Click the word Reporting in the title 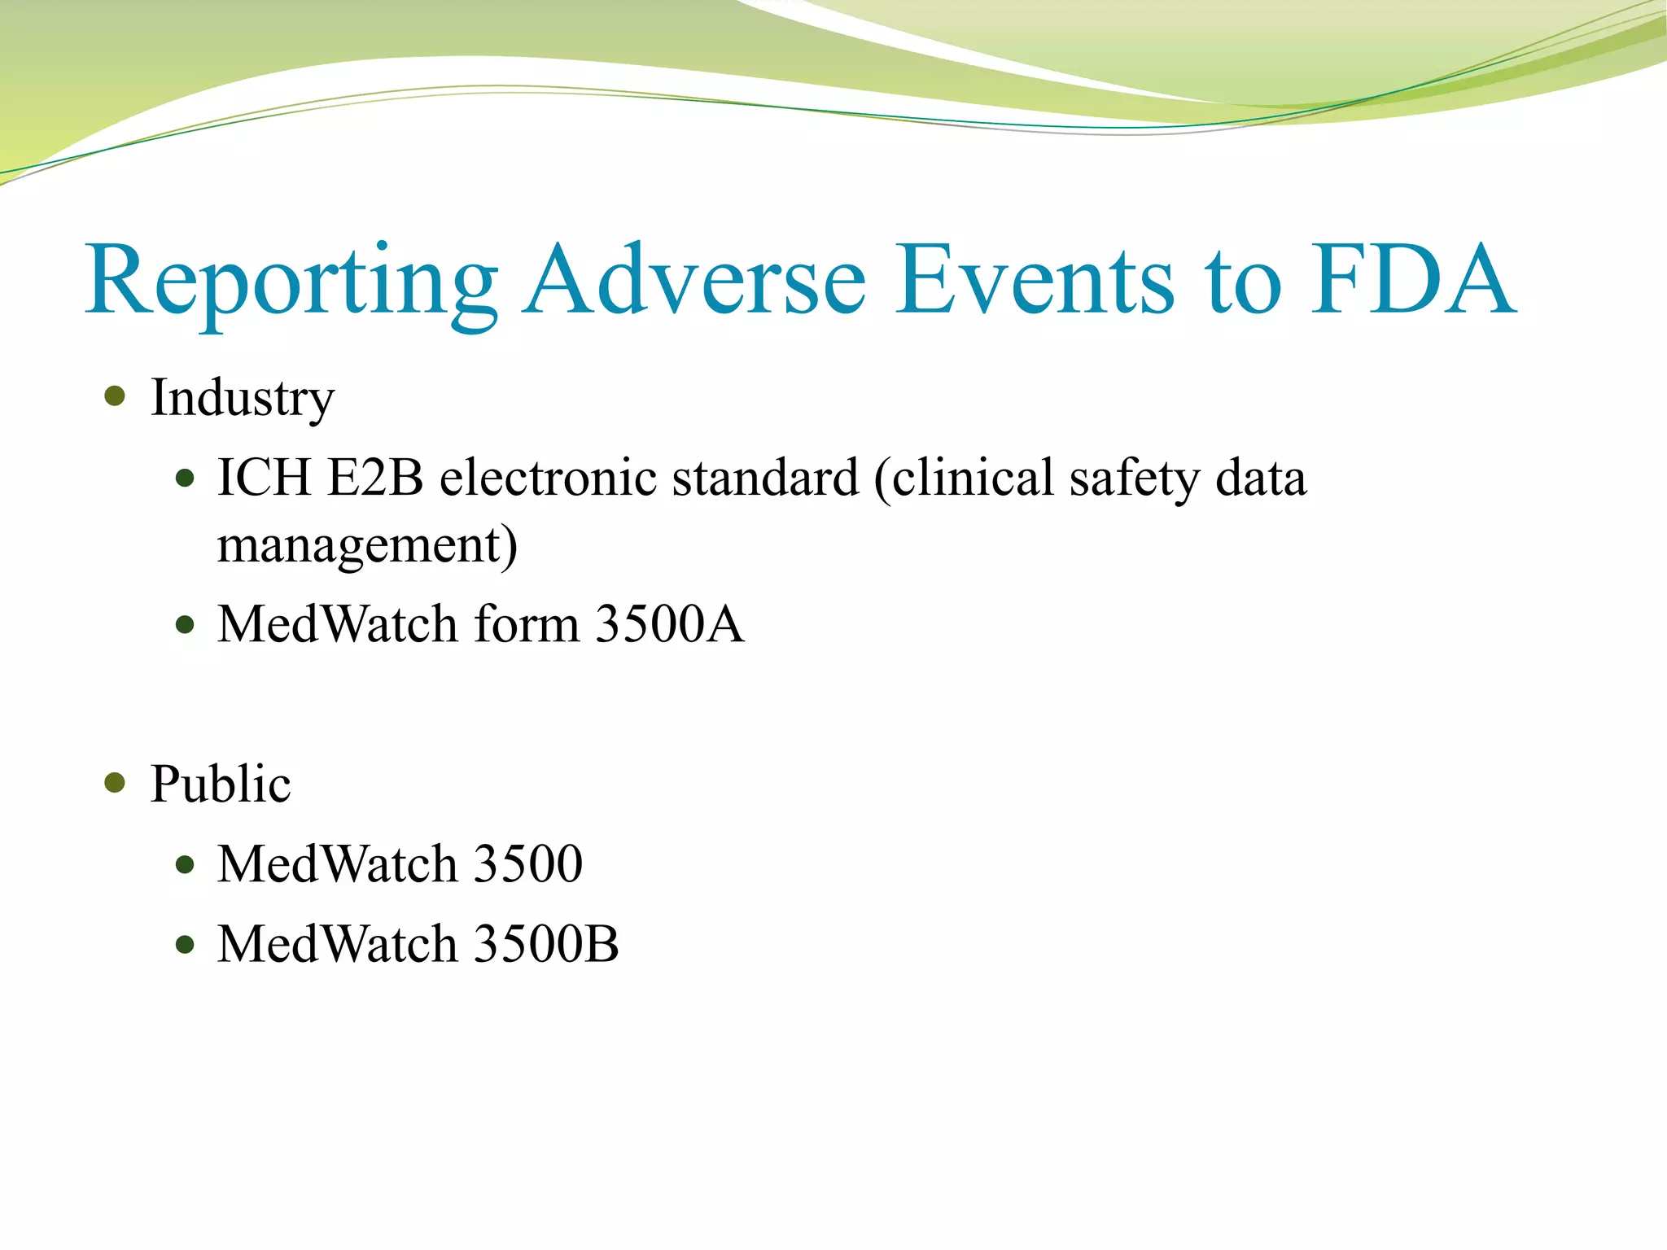[x=291, y=281]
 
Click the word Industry [x=243, y=399]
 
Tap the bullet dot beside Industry [x=116, y=396]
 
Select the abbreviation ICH [x=264, y=478]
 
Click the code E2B [x=375, y=478]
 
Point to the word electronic [x=548, y=478]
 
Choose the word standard [x=766, y=478]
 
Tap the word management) [x=367, y=546]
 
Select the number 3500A [x=669, y=624]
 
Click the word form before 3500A [x=527, y=624]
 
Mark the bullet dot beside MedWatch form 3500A [x=186, y=625]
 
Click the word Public [x=221, y=784]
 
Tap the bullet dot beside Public [x=116, y=783]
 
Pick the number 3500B [x=545, y=944]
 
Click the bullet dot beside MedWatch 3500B [x=186, y=945]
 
